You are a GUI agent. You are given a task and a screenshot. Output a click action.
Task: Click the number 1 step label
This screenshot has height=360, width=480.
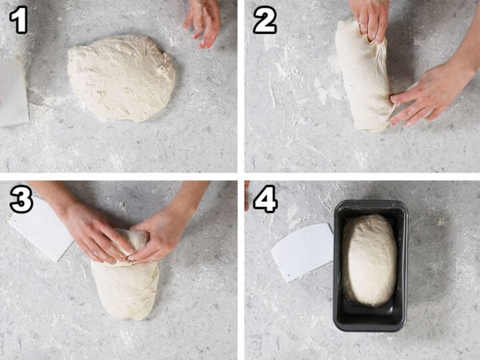click(x=19, y=21)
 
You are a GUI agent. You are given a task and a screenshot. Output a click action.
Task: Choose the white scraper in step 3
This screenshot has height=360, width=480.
click(x=40, y=227)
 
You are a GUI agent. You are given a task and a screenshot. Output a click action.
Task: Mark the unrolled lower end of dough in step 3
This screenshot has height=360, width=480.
click(x=127, y=290)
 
